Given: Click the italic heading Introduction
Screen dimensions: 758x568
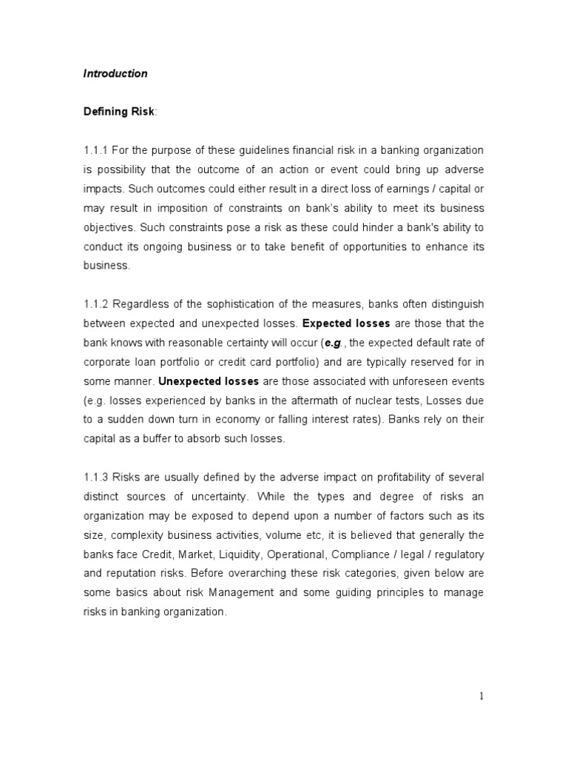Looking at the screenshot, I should pos(115,73).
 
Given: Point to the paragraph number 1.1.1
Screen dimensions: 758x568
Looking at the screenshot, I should pos(96,150).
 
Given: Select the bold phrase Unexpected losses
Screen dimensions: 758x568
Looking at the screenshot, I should pos(209,381).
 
